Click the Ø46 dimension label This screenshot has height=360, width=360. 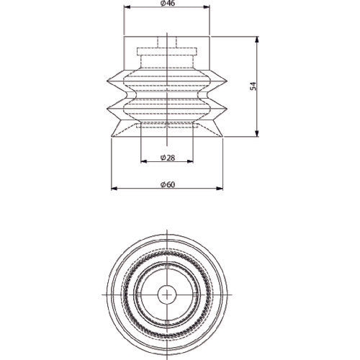(168, 3)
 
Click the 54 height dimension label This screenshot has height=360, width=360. (253, 86)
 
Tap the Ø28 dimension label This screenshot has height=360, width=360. (168, 158)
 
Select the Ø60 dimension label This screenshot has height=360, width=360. (168, 184)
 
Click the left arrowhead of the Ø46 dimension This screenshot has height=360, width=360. (127, 7)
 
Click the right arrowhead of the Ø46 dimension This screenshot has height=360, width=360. (207, 7)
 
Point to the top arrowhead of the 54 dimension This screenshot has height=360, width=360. (257, 40)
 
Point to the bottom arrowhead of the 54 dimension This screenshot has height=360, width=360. (257, 134)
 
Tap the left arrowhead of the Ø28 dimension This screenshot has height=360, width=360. (144, 161)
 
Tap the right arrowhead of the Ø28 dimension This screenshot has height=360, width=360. (190, 161)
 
